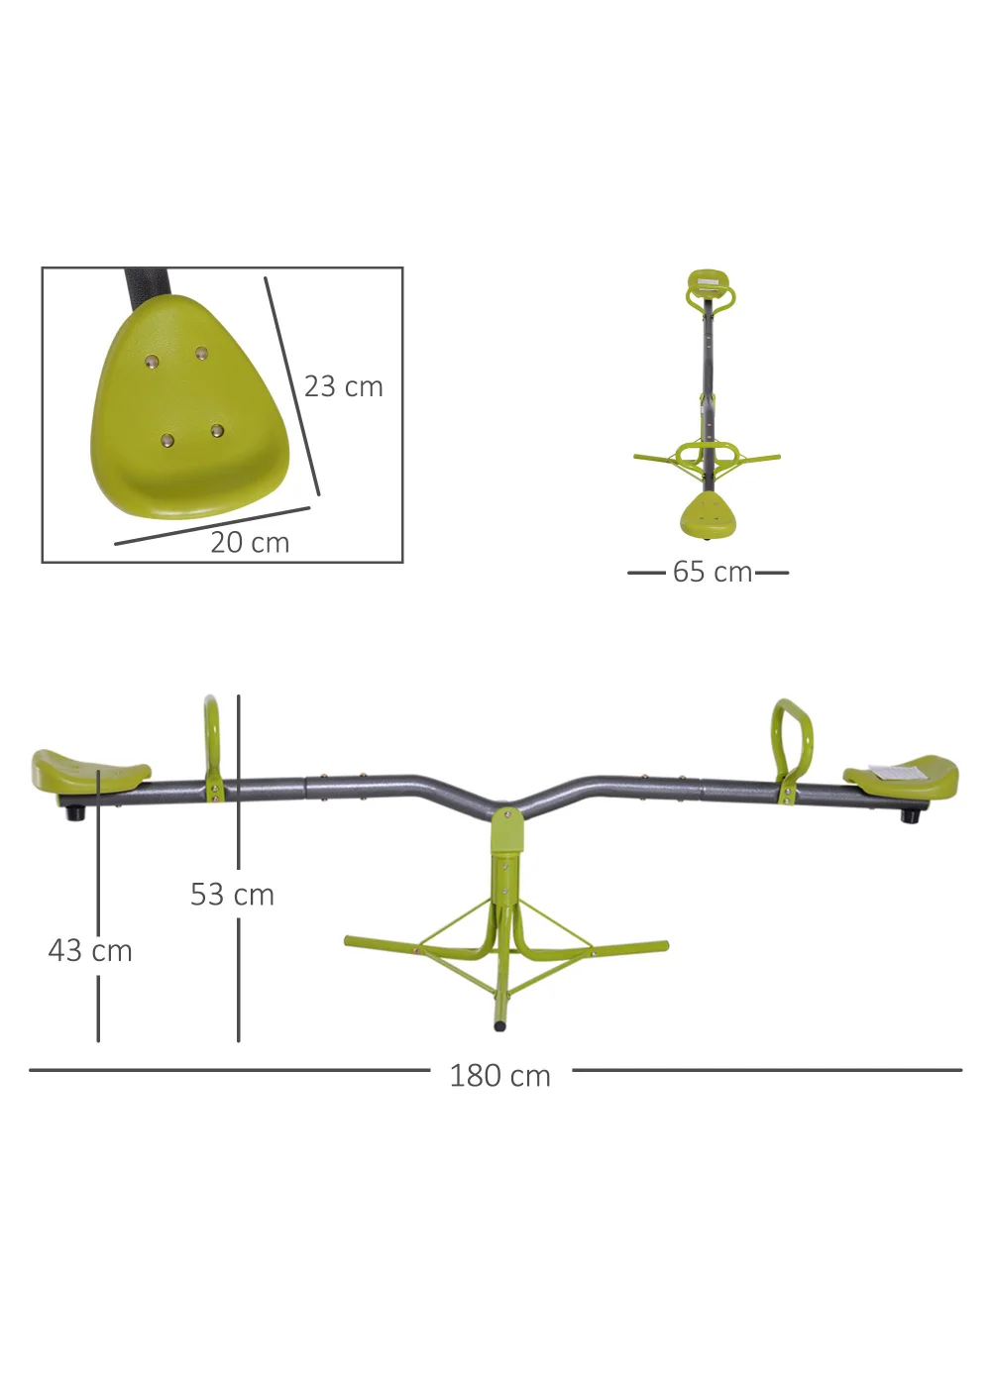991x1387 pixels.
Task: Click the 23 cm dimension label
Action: click(x=343, y=386)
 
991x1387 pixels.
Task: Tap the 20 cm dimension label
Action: click(x=250, y=543)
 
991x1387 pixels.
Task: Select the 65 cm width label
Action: click(x=712, y=572)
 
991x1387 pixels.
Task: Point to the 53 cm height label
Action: click(x=232, y=895)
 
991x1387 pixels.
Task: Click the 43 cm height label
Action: click(x=90, y=951)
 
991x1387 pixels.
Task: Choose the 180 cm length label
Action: click(x=499, y=1076)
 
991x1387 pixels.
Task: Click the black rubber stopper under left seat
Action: click(x=74, y=812)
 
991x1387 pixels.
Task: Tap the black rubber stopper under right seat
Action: click(x=909, y=815)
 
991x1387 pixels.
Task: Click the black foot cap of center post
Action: click(x=499, y=1025)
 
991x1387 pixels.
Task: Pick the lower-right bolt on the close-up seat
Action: click(x=216, y=431)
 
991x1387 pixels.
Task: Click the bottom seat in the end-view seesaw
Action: click(x=709, y=515)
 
